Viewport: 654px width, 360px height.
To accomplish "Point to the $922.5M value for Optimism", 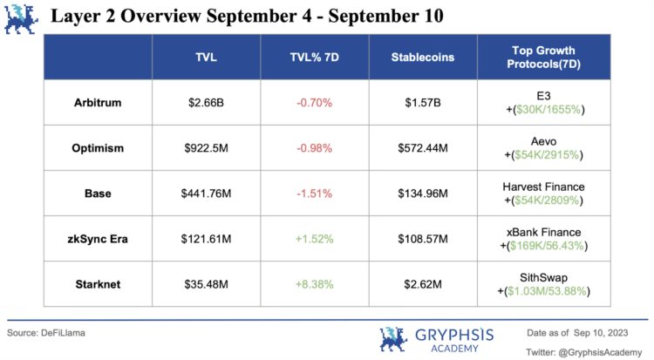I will point(206,148).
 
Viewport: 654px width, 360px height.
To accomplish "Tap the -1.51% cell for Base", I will point(315,193).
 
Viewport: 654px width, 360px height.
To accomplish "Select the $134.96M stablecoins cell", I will point(424,193).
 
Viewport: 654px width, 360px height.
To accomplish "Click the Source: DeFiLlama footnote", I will point(47,332).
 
